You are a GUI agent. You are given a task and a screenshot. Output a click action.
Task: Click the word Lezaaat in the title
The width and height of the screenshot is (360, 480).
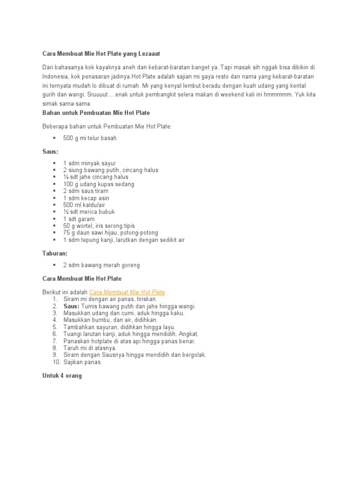click(x=153, y=54)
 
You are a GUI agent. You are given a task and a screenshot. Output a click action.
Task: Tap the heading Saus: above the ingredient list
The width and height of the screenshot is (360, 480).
click(x=50, y=152)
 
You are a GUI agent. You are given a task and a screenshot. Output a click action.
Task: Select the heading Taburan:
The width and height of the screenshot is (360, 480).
click(x=55, y=254)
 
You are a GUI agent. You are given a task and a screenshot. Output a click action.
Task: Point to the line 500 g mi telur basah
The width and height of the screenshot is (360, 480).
click(x=90, y=138)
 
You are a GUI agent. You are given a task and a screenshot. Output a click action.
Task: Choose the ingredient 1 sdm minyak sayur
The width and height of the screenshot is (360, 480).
click(x=90, y=163)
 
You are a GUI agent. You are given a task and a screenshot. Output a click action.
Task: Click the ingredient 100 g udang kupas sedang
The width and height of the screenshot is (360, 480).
click(x=98, y=184)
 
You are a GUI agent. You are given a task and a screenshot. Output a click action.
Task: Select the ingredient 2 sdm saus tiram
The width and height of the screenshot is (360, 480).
click(x=86, y=191)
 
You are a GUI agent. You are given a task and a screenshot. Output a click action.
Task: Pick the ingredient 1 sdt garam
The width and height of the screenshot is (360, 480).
click(x=79, y=219)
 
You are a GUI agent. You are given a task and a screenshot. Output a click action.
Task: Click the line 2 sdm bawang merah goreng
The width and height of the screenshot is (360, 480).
click(x=101, y=265)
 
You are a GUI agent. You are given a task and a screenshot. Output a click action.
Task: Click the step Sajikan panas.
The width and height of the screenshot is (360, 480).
click(x=82, y=362)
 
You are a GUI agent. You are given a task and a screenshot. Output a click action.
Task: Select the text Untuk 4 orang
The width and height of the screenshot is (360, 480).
click(x=62, y=375)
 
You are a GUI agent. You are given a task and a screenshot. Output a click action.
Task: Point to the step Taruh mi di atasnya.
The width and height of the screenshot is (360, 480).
click(x=90, y=348)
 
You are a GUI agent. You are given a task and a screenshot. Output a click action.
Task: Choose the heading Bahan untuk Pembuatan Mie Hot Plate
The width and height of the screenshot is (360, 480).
click(x=96, y=113)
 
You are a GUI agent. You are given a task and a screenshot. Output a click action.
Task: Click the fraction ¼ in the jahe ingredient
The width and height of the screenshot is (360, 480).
click(x=66, y=177)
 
